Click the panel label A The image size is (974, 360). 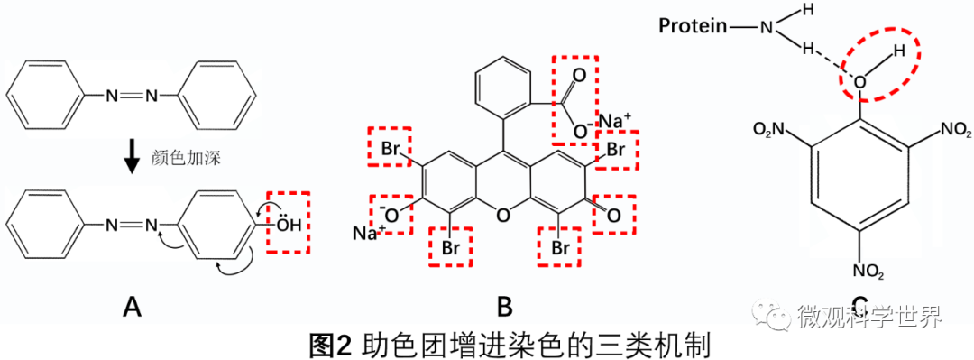133,308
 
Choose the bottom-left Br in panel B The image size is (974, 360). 449,246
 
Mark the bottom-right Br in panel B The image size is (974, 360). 560,246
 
